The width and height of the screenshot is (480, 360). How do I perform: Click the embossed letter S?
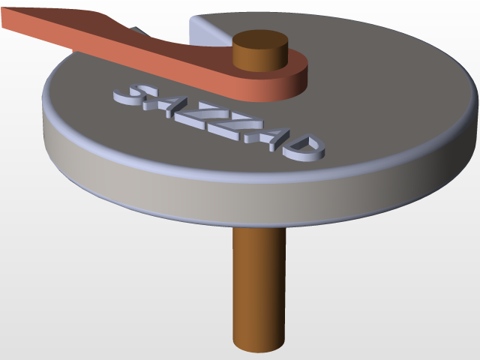132,94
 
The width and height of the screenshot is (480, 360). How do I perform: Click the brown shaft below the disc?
259,285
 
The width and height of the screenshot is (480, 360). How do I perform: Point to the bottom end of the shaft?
259,346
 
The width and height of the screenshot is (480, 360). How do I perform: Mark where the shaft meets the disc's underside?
259,229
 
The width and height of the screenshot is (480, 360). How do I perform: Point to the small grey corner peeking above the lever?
137,31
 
